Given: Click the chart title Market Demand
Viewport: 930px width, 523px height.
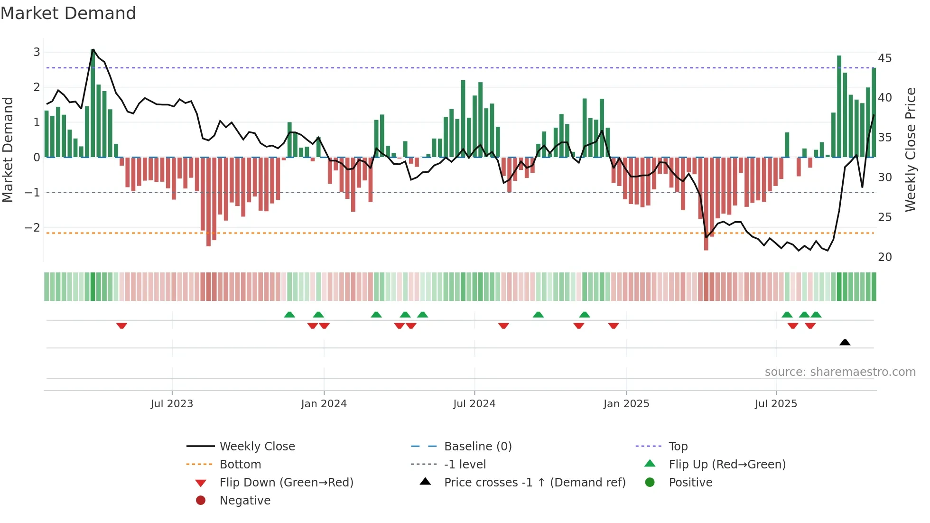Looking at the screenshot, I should (68, 13).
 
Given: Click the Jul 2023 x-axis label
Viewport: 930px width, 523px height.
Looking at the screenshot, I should (172, 404).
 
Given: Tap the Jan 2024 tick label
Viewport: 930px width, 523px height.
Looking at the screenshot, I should (324, 404).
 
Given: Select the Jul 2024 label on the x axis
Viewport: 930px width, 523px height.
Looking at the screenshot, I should (474, 404).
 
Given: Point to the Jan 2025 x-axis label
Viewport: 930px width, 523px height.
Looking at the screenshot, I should (626, 404).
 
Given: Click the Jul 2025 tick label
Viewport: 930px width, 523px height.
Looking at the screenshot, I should (776, 404).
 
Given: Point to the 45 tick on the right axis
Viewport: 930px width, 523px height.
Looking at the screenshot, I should (884, 58).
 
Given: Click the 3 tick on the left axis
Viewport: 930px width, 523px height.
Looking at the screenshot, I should (37, 52).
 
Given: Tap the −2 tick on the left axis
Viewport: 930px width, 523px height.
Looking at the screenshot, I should (32, 228).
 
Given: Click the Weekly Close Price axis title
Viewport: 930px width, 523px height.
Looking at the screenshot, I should (910, 149).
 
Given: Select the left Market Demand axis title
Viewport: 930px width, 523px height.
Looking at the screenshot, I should (8, 149).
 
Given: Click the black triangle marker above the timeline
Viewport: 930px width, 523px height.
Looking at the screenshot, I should (845, 342).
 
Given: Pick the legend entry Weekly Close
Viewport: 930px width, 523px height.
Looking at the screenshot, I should (257, 447).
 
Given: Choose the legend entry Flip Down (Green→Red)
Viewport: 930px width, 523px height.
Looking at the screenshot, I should (286, 483).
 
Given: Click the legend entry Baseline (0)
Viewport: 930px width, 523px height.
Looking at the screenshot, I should (477, 447).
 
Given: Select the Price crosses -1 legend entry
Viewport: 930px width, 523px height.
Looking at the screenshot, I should (534, 483).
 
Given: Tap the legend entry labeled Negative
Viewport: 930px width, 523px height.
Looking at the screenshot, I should (245, 501).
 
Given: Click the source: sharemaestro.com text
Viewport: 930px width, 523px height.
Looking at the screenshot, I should (840, 372).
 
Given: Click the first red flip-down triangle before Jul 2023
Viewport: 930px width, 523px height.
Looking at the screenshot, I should (121, 326).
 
